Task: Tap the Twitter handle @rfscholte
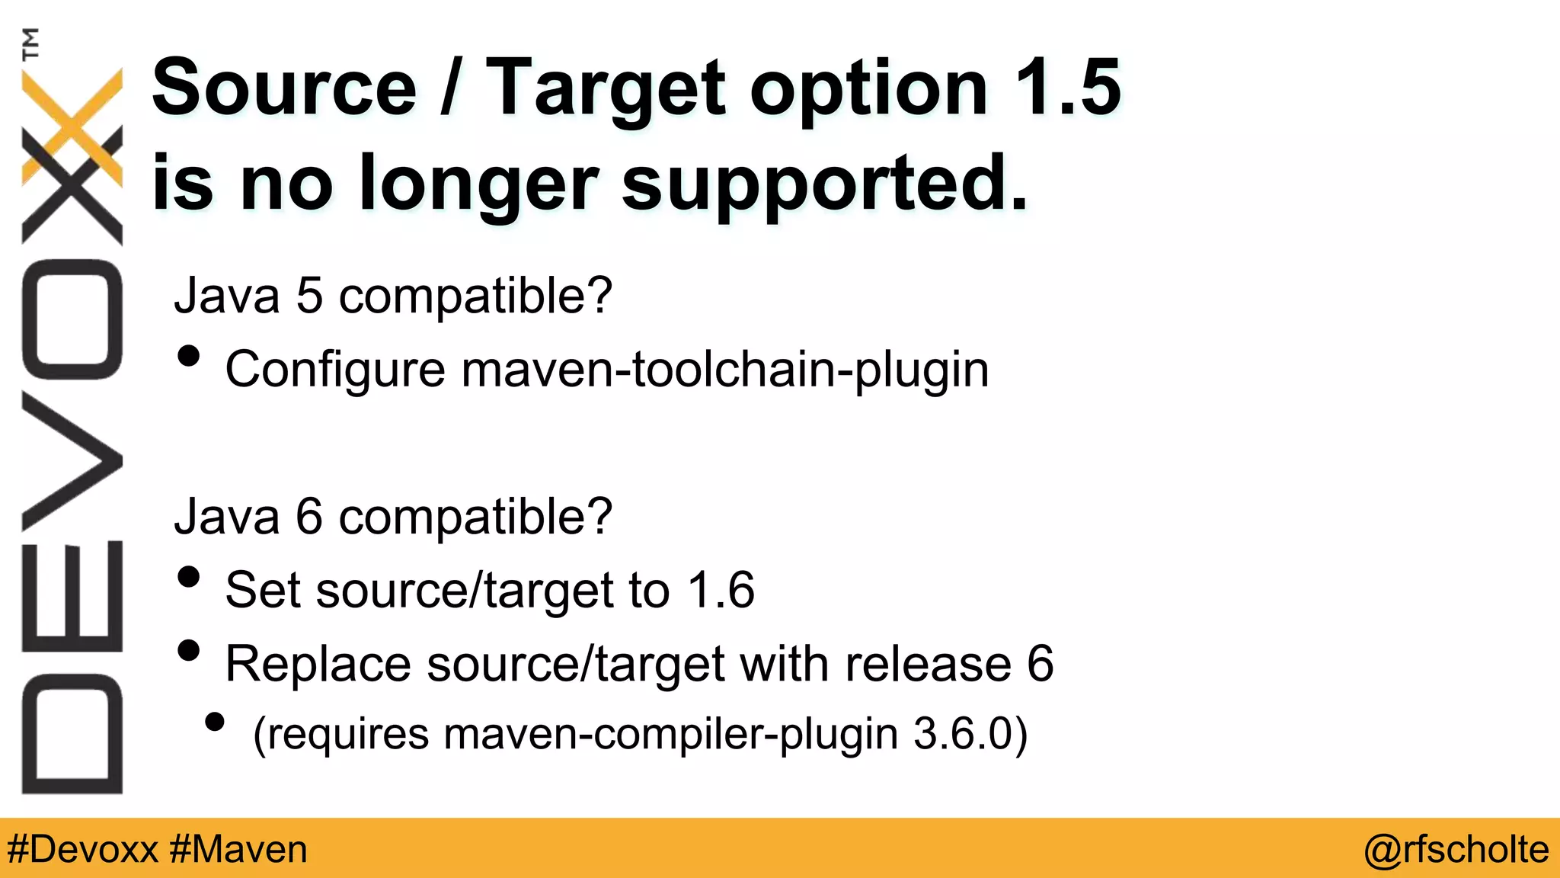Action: coord(1456,849)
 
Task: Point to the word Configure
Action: coord(335,370)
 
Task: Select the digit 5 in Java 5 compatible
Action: coord(309,296)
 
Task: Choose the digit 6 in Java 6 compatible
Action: coord(309,518)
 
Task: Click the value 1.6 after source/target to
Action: coord(720,590)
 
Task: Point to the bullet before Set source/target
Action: coord(188,577)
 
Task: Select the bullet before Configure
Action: coord(188,356)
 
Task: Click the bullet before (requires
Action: coord(215,722)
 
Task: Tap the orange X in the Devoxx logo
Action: coord(72,126)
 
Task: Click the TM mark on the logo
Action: coord(30,43)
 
